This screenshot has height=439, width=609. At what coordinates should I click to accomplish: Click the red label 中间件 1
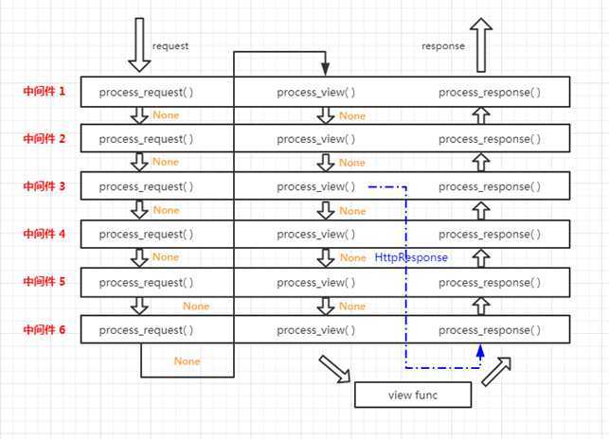pyautogui.click(x=45, y=92)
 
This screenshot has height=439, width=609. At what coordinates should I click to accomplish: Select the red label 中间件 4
pyautogui.click(x=45, y=233)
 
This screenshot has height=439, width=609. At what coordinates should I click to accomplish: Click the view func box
pyautogui.click(x=412, y=394)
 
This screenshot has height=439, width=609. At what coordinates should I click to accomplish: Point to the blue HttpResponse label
pyautogui.click(x=411, y=257)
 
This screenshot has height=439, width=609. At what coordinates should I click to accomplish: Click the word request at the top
pyautogui.click(x=171, y=44)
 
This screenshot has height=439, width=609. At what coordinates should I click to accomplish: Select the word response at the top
pyautogui.click(x=443, y=44)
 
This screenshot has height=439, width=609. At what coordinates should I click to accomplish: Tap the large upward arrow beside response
pyautogui.click(x=481, y=45)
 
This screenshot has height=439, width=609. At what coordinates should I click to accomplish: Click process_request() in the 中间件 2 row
pyautogui.click(x=146, y=139)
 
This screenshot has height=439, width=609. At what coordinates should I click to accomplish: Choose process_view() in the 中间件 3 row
pyautogui.click(x=316, y=186)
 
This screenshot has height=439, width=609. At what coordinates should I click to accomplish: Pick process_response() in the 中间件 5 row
pyautogui.click(x=490, y=282)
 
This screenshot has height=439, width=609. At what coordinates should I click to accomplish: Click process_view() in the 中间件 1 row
pyautogui.click(x=316, y=92)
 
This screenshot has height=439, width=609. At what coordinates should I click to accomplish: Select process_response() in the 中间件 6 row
pyautogui.click(x=490, y=329)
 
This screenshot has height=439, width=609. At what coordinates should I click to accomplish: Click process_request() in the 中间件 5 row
pyautogui.click(x=146, y=282)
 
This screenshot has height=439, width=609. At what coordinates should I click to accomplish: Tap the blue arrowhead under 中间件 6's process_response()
pyautogui.click(x=480, y=351)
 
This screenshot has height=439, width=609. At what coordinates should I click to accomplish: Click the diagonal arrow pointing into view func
pyautogui.click(x=333, y=368)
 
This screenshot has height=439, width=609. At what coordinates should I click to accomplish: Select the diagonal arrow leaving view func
pyautogui.click(x=496, y=371)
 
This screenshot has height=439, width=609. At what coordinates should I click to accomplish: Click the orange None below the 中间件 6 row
pyautogui.click(x=187, y=361)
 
